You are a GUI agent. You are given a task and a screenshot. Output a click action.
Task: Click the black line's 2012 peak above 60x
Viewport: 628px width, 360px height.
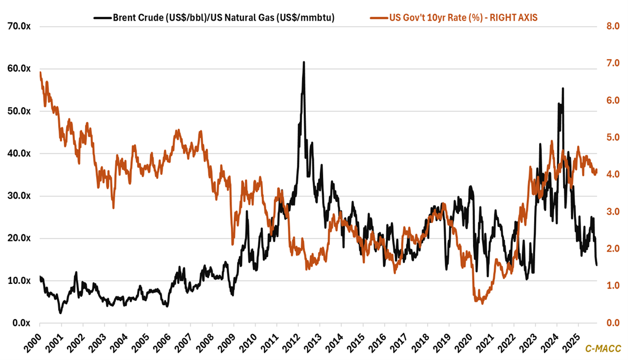(x=304, y=62)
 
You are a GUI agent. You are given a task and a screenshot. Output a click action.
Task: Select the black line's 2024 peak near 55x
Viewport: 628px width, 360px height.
(x=563, y=88)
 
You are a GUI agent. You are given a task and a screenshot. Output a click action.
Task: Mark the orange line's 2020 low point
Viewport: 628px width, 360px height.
(x=482, y=302)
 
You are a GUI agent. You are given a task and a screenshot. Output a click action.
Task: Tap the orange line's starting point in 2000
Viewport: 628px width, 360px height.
(x=40, y=72)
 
